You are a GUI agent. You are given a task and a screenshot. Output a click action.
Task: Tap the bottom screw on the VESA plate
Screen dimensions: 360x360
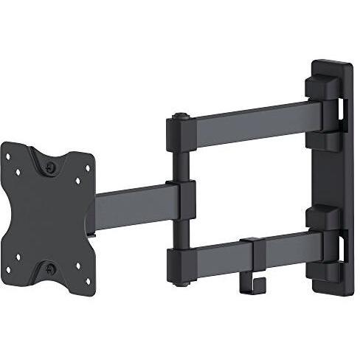(x=51, y=269)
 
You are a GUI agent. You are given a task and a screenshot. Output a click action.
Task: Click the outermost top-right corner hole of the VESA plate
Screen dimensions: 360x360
(x=87, y=159)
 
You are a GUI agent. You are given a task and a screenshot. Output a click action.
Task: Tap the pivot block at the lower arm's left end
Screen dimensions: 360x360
(x=181, y=258)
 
